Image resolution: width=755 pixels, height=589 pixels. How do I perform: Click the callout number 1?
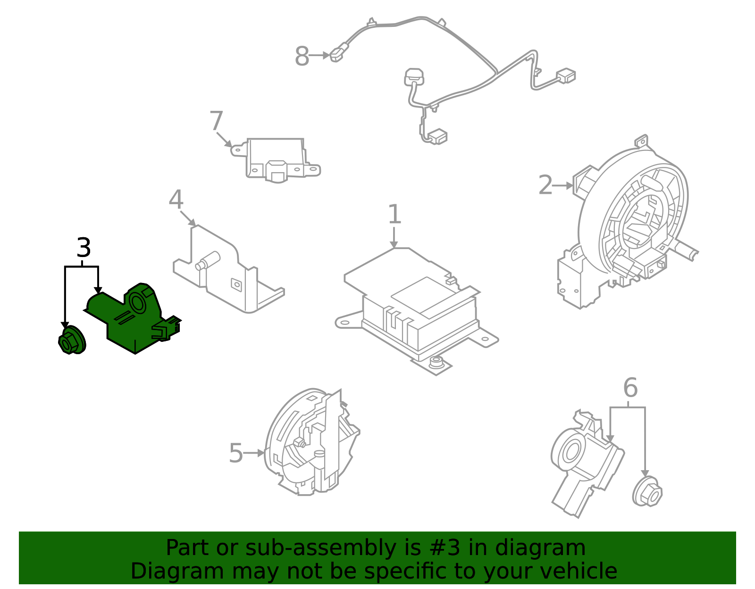point(394,215)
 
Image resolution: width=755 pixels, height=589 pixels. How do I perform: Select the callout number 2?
point(545,185)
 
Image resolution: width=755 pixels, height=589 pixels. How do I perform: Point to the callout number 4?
point(176,200)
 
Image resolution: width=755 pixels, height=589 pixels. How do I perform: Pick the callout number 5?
point(235,453)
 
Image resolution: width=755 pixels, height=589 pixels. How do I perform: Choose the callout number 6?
point(630,388)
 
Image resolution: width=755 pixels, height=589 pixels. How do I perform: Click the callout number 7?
point(216,121)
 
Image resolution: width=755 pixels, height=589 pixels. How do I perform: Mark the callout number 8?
point(302,57)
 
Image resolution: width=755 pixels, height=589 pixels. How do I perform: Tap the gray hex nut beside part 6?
point(647,493)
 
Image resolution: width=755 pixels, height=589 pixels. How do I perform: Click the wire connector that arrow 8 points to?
point(338,52)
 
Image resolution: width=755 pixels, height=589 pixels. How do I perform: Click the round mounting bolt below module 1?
point(436,362)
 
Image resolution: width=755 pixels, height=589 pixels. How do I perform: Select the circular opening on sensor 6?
point(571,451)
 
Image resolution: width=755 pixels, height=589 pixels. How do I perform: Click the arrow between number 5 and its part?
point(254,453)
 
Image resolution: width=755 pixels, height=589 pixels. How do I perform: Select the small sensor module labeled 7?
point(276,158)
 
